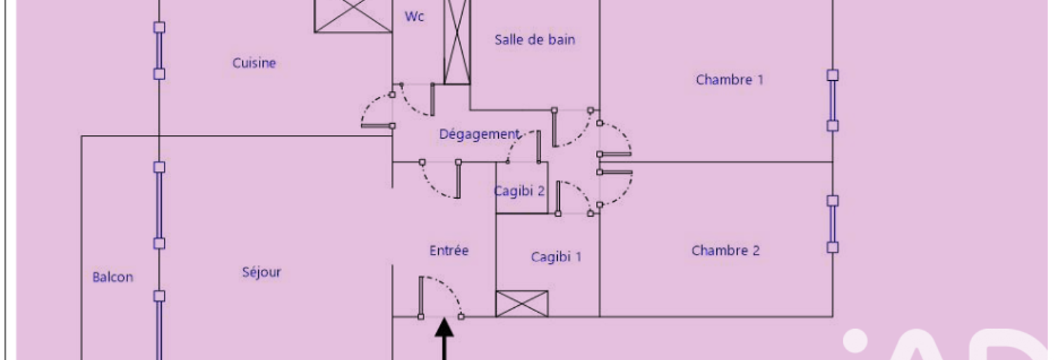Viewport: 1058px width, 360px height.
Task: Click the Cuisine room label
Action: click(x=254, y=63)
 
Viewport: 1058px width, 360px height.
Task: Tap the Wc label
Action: click(x=414, y=17)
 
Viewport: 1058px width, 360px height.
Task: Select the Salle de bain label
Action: click(x=535, y=40)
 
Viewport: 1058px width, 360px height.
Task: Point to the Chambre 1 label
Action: click(x=729, y=79)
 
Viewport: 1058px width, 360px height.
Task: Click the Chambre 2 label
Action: click(x=725, y=250)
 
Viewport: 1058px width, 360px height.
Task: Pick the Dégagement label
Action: click(x=479, y=134)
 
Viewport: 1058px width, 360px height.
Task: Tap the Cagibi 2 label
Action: click(x=519, y=191)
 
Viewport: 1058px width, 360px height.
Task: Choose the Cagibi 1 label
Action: click(x=556, y=257)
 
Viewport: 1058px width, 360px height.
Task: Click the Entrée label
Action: click(x=449, y=250)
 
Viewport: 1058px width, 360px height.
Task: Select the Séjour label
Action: click(x=261, y=272)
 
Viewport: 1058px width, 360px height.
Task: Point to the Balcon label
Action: click(x=113, y=277)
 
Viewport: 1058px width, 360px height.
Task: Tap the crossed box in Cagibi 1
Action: click(x=522, y=304)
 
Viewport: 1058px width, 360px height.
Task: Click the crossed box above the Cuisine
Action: click(x=352, y=15)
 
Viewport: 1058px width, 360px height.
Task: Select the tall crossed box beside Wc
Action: click(x=457, y=42)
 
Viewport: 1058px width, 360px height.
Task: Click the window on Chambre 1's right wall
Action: click(x=833, y=101)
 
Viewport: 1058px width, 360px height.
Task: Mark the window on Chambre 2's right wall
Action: click(x=833, y=224)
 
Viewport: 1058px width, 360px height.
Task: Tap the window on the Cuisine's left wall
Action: click(x=160, y=50)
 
